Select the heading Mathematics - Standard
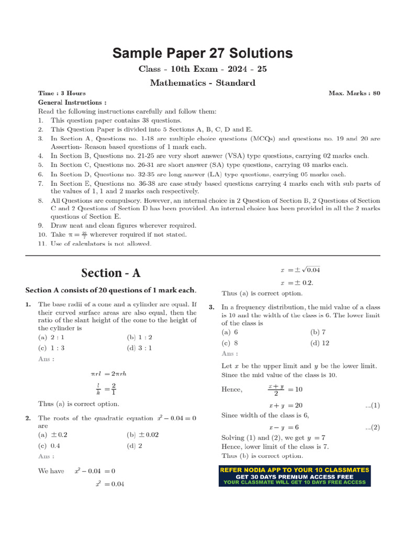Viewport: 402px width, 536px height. click(203, 83)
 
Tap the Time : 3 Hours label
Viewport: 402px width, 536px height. click(62, 93)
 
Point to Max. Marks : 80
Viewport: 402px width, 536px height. click(354, 93)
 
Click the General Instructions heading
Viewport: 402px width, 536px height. click(72, 103)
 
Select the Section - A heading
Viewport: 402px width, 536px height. click(110, 273)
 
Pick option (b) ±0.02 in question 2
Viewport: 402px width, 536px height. click(142, 435)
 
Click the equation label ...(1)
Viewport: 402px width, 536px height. click(372, 406)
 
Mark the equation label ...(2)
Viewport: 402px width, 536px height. click(372, 428)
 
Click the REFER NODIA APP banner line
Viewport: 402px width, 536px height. click(294, 470)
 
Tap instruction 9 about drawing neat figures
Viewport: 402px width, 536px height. click(123, 226)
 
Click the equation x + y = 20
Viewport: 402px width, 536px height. click(285, 406)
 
